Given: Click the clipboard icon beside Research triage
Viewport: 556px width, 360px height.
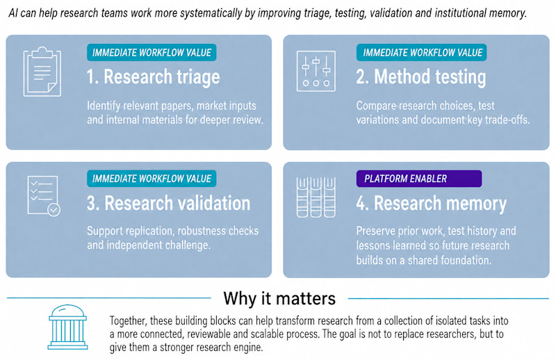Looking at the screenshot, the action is (x=42, y=72).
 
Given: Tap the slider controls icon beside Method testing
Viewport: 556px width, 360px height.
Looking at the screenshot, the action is (x=316, y=71).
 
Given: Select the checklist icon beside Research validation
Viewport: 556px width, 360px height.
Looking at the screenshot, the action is (x=44, y=195).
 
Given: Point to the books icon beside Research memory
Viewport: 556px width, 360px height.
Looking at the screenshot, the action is (x=316, y=197).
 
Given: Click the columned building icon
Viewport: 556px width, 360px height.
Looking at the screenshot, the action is (x=67, y=327).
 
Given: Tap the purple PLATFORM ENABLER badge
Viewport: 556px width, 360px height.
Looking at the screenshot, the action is (x=419, y=179).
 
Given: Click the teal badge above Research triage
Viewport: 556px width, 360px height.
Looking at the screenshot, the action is (x=152, y=53).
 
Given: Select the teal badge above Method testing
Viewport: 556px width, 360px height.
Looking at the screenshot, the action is (x=421, y=53).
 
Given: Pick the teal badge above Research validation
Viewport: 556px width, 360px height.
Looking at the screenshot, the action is (x=152, y=179).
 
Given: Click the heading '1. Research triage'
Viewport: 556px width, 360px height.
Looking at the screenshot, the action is (x=153, y=77).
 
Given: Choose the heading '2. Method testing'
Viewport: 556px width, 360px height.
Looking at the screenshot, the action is (x=421, y=77).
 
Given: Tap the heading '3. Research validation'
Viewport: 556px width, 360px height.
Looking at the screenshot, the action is (x=168, y=203).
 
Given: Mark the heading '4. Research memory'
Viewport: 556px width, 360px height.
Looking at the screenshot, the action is (x=432, y=204).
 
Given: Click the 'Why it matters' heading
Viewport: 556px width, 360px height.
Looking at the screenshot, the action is (x=279, y=298).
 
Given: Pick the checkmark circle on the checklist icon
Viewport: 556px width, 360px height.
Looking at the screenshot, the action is (x=54, y=210).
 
